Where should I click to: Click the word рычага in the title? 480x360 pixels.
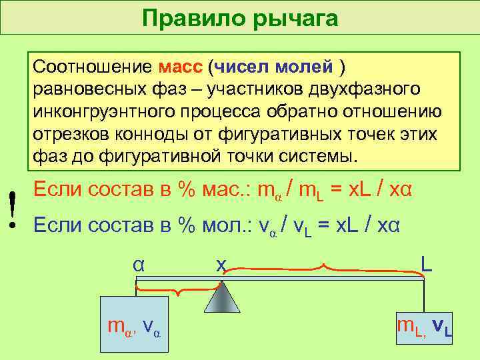pos(293,18)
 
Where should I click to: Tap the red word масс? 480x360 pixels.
pos(182,68)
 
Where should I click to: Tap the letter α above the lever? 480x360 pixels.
pos(138,263)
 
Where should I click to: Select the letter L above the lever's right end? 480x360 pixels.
pos(426,263)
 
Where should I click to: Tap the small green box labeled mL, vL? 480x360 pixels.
pos(425,327)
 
